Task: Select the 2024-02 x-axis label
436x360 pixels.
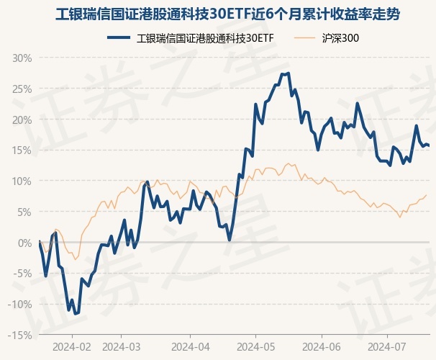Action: pyautogui.click(x=72, y=346)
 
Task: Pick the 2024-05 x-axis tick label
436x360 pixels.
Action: pyautogui.click(x=255, y=346)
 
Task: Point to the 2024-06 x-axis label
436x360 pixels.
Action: pyautogui.click(x=322, y=346)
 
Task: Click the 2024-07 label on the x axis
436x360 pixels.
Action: pyautogui.click(x=387, y=346)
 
